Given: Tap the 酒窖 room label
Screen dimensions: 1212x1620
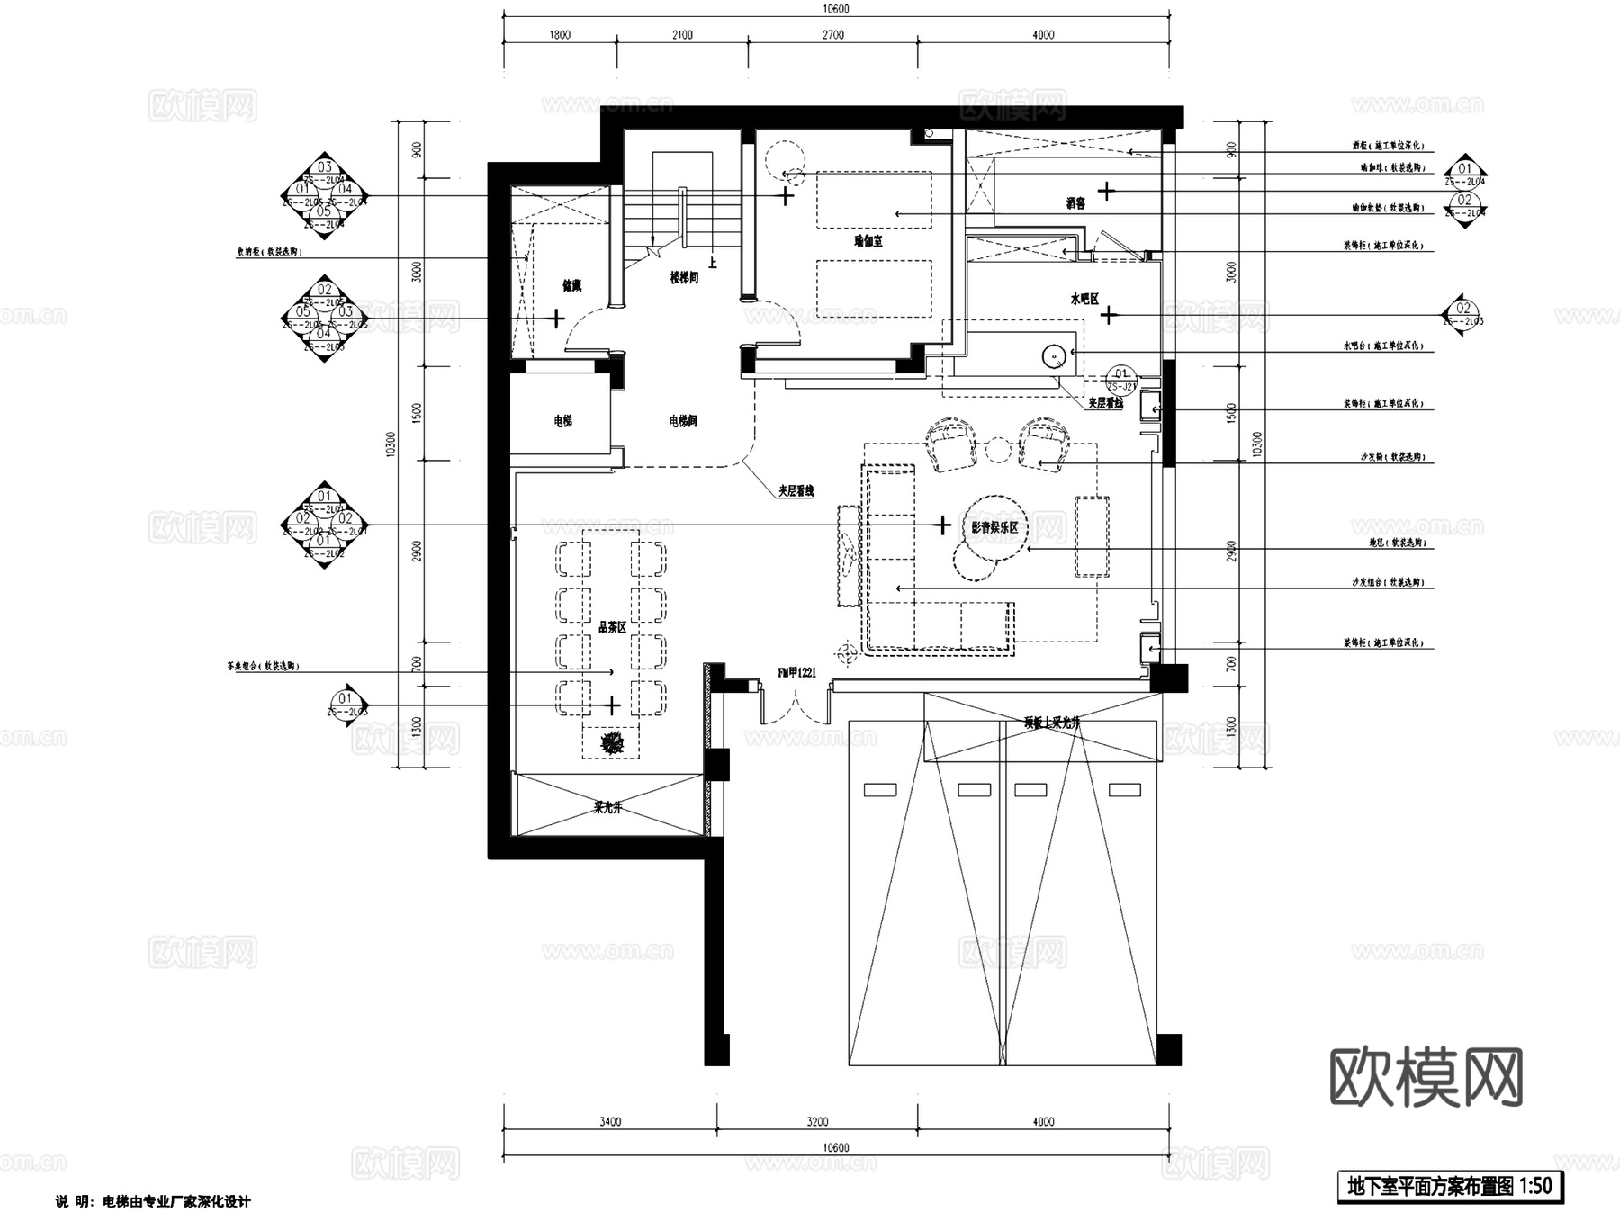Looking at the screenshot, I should coord(1075,203).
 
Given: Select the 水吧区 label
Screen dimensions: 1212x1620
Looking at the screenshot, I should coord(1084,300).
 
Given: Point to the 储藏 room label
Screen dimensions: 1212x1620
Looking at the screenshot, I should coord(571,286).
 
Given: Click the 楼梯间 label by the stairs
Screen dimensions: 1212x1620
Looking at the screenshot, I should coord(683,278).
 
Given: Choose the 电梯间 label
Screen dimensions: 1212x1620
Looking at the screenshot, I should coord(683,420).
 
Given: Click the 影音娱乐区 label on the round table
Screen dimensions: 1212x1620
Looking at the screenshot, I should coord(994,527).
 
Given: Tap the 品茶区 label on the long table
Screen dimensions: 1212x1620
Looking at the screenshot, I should coord(612,627).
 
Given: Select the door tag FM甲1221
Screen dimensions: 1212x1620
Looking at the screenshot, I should coord(796,672).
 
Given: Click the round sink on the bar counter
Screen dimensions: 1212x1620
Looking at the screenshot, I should coord(1054,357).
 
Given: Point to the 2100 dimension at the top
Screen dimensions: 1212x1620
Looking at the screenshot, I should coord(682,35).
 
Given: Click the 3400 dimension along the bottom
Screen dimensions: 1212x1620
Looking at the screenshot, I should coord(609,1122).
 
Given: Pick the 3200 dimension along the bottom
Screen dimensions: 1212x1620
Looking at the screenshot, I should coord(817,1122).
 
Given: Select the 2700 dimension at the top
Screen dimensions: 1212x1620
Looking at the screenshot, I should coord(833,35).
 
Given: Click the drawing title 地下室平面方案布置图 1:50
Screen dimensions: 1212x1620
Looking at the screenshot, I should coord(1449,1186).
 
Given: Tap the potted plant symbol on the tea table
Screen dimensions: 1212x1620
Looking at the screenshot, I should coord(613,742).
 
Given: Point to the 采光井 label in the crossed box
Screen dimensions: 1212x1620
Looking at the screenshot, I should coord(608,808).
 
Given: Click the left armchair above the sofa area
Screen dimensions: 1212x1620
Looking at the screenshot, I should coord(951,444).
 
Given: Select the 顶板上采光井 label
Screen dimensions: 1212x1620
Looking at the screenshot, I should coord(1050,723).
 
